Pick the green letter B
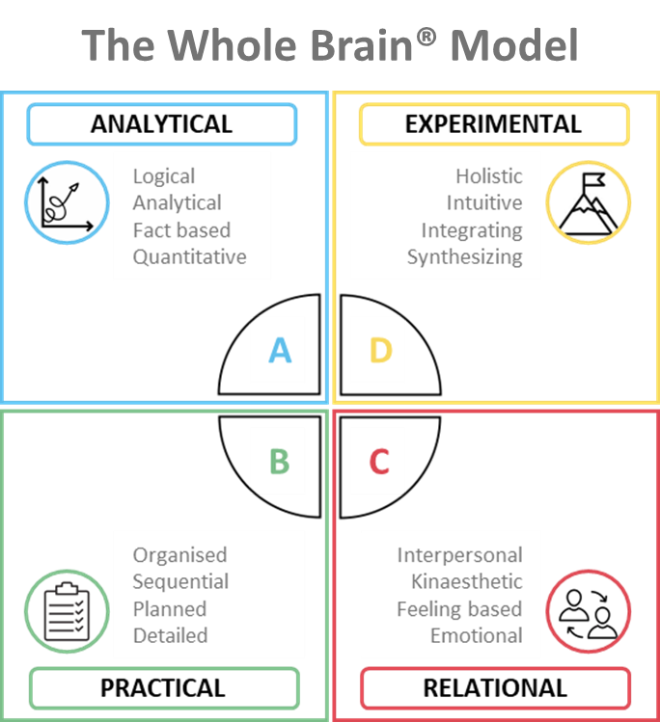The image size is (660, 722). (279, 462)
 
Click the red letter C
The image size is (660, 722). (379, 462)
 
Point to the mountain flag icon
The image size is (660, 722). (588, 203)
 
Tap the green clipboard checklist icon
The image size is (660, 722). (67, 611)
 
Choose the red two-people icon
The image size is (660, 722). (588, 611)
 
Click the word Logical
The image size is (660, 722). (164, 176)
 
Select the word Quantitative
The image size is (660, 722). (189, 257)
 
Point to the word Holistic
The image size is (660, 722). (489, 176)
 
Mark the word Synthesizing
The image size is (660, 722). (464, 257)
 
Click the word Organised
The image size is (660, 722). (179, 555)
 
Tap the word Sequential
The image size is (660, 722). (180, 582)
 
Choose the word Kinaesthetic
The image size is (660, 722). (466, 582)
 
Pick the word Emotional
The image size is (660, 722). (476, 636)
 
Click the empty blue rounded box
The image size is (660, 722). (162, 124)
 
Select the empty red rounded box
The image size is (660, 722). (495, 688)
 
